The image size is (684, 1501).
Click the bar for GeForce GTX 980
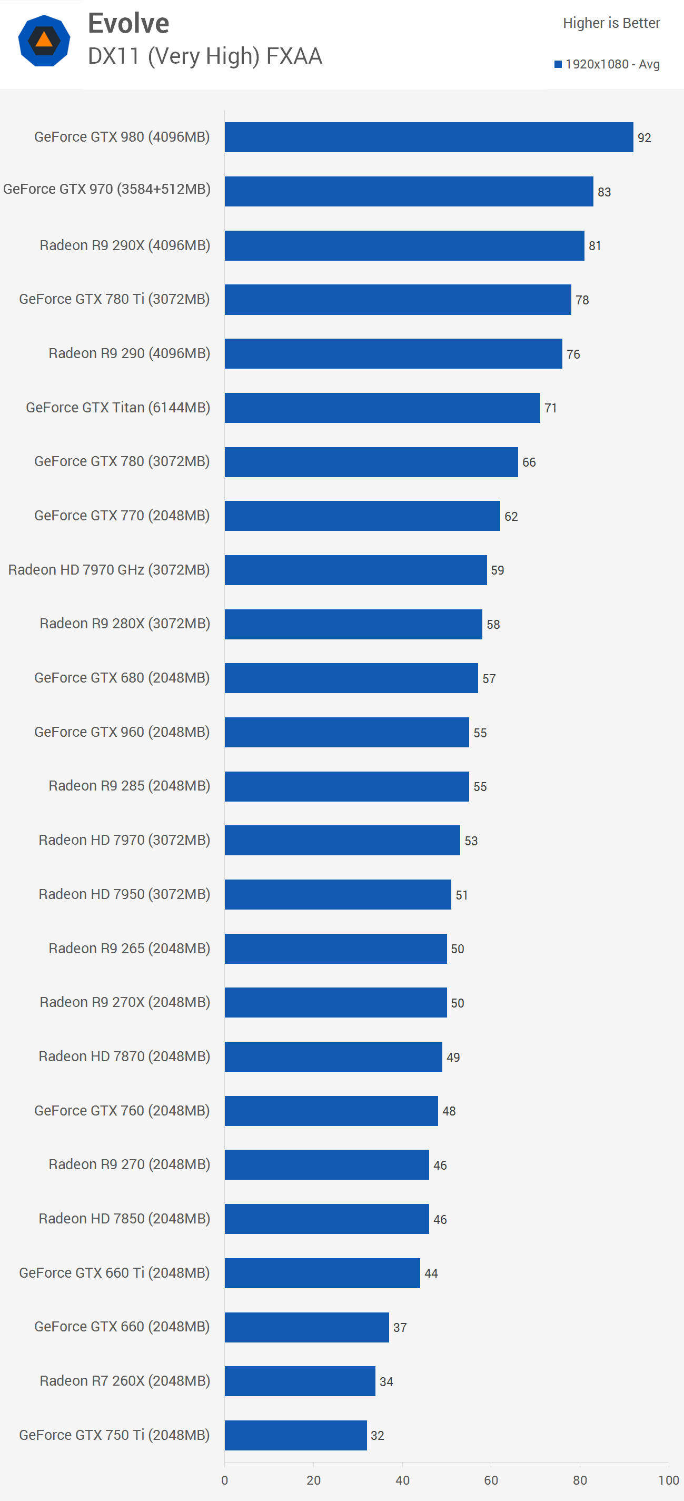[428, 137]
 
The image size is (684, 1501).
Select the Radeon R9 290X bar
[404, 246]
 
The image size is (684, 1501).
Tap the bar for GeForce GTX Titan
[382, 408]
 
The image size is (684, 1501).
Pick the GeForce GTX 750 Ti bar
[295, 1435]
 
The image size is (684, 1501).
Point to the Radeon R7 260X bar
[300, 1381]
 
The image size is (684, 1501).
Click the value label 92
[644, 138]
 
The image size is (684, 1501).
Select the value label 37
[400, 1327]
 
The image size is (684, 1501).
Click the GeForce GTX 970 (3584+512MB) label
[106, 190]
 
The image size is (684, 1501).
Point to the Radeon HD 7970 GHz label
[109, 570]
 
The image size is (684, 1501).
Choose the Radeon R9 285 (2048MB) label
[130, 786]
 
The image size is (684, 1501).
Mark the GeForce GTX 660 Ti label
[114, 1272]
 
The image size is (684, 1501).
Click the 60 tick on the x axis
[491, 1480]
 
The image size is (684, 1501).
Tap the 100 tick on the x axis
[668, 1480]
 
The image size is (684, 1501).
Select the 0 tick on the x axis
[225, 1480]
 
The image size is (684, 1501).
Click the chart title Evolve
[128, 24]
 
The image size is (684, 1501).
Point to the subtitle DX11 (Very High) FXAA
[204, 56]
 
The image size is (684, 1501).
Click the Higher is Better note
[611, 23]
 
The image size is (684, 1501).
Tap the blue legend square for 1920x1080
[558, 64]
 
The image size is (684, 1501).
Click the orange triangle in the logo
[44, 39]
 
